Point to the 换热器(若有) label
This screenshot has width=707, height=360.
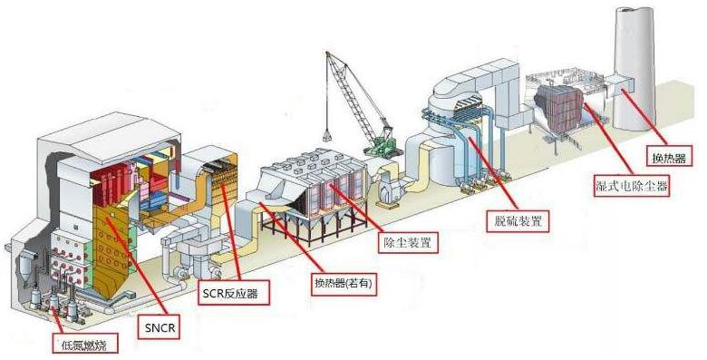click(x=343, y=283)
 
